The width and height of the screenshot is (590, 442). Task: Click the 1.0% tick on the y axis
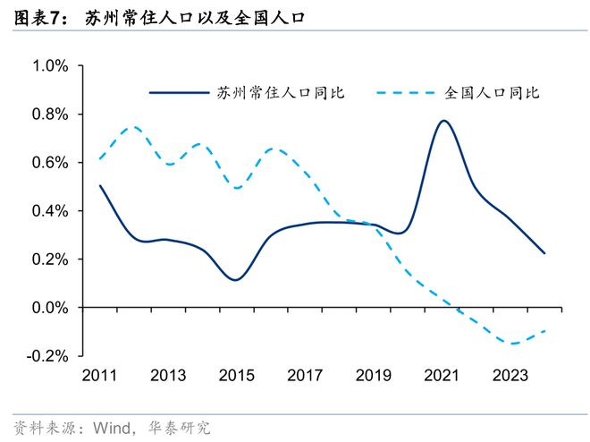(50, 66)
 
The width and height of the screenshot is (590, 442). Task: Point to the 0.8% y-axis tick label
(50, 115)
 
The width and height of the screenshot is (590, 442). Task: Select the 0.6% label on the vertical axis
(50, 163)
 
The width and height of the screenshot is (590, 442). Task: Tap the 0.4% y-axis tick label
(50, 211)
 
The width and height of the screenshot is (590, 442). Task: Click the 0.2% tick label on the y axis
(50, 259)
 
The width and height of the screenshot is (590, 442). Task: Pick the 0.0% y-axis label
(50, 308)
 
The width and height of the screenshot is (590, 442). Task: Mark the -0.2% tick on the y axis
(48, 356)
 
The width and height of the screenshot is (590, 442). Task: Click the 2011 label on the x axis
(99, 376)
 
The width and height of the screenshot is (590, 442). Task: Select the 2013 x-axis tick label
(168, 376)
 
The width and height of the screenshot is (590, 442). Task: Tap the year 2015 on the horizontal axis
(236, 376)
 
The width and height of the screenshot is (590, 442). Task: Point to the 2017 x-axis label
(305, 376)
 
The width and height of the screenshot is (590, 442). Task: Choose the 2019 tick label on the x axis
(374, 376)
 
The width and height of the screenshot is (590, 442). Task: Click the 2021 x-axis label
(442, 376)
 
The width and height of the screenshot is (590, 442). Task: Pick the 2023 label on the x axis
(510, 376)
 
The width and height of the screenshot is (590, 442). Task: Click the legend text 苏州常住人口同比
(281, 92)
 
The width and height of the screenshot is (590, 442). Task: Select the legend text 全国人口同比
(491, 92)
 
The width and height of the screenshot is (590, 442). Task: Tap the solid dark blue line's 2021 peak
(444, 121)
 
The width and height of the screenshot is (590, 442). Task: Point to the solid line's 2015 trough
(235, 280)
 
